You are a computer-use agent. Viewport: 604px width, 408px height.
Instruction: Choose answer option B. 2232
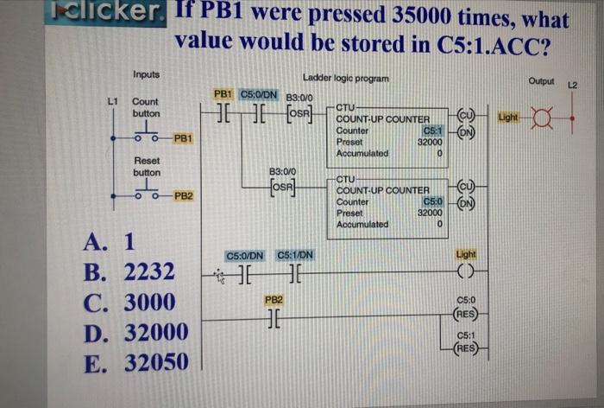tap(133, 272)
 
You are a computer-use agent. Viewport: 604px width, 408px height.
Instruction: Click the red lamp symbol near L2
tap(543, 114)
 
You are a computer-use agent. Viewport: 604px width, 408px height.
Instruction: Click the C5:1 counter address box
tap(432, 131)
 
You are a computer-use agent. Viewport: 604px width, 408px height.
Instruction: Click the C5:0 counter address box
tap(431, 201)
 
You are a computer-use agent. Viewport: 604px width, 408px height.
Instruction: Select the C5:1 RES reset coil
tap(466, 347)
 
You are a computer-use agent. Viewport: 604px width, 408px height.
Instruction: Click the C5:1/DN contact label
tap(295, 255)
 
